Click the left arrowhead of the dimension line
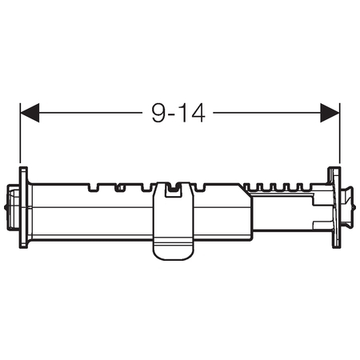tap(30, 113)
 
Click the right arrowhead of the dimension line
tap(330, 113)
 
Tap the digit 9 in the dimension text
tap(158, 113)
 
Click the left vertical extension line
tap(20, 133)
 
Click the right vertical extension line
tap(339, 133)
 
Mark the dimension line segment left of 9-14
tap(90, 113)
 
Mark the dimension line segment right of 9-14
tap(267, 113)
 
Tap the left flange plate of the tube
tap(23, 208)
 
